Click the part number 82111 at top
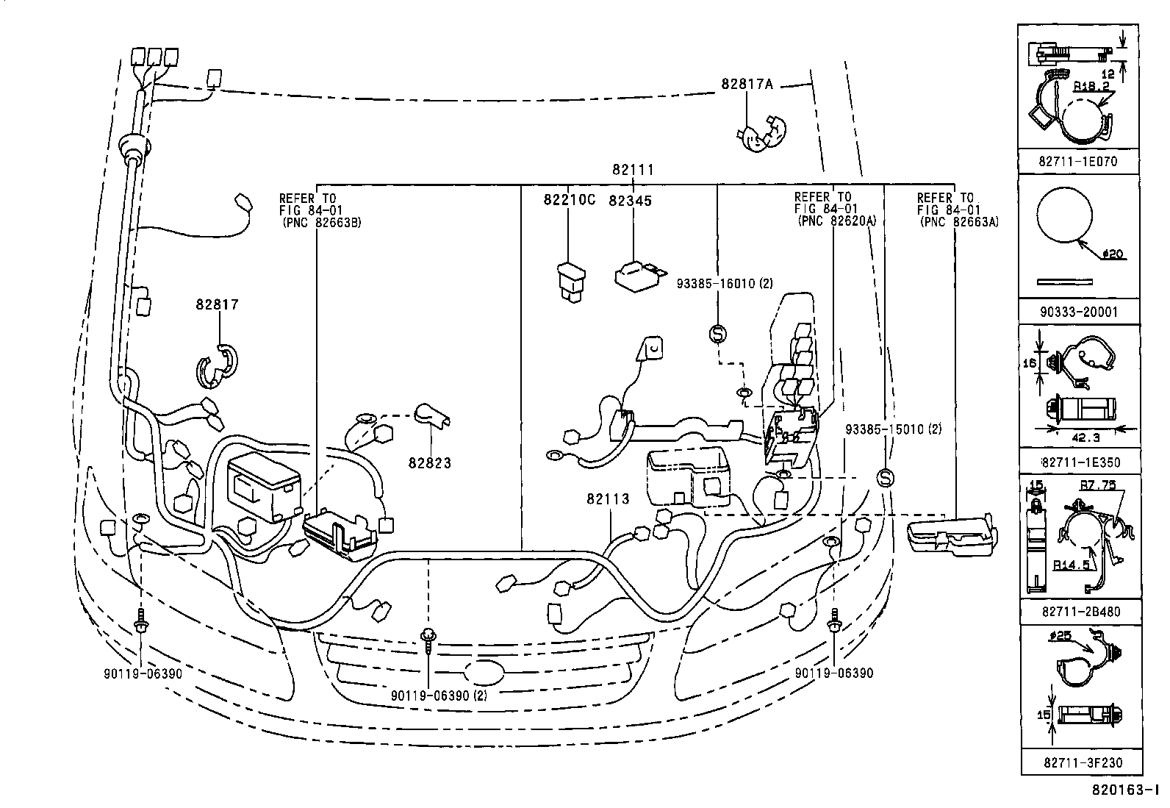point(633,170)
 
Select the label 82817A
point(747,84)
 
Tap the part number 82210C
point(569,200)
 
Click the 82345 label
point(630,200)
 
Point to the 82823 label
point(430,463)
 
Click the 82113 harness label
point(608,499)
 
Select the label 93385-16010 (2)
point(724,283)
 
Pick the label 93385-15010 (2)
point(893,429)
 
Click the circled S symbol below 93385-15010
point(886,478)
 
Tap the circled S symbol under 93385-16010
point(717,334)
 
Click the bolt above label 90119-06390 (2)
point(428,640)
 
